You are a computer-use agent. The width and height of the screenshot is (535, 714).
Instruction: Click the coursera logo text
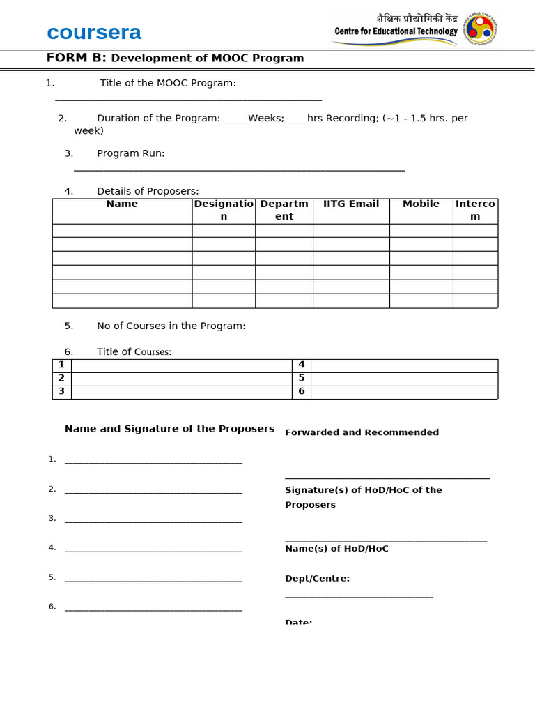coord(94,32)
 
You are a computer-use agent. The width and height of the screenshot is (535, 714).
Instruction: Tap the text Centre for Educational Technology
coord(396,31)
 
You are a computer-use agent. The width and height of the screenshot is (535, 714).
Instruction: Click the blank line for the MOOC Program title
coord(188,99)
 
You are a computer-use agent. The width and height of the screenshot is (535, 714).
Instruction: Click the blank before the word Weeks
coord(235,119)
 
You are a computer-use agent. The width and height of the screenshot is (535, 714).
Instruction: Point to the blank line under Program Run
coord(239,169)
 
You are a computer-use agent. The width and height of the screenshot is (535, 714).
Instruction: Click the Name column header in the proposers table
coord(122,204)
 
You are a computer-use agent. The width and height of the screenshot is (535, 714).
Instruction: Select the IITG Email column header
coord(351,204)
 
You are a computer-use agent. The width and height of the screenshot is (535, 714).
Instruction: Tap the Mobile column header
coord(421,204)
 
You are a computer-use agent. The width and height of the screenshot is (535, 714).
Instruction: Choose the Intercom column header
coord(475,210)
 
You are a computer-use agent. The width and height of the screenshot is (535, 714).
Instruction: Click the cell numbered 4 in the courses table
coord(302,365)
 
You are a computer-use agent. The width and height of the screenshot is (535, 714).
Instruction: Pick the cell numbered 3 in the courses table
coord(61,391)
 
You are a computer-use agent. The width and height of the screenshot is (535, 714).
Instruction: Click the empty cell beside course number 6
coord(404,391)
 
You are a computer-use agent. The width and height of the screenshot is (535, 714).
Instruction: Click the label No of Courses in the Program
coord(171,326)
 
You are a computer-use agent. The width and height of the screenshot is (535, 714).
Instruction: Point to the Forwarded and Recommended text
coord(362,432)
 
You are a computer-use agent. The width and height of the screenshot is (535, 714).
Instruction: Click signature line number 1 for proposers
coord(153,461)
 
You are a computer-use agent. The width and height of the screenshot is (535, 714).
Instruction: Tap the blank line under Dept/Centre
coord(359,595)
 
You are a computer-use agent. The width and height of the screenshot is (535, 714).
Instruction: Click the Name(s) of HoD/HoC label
coord(336,549)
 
